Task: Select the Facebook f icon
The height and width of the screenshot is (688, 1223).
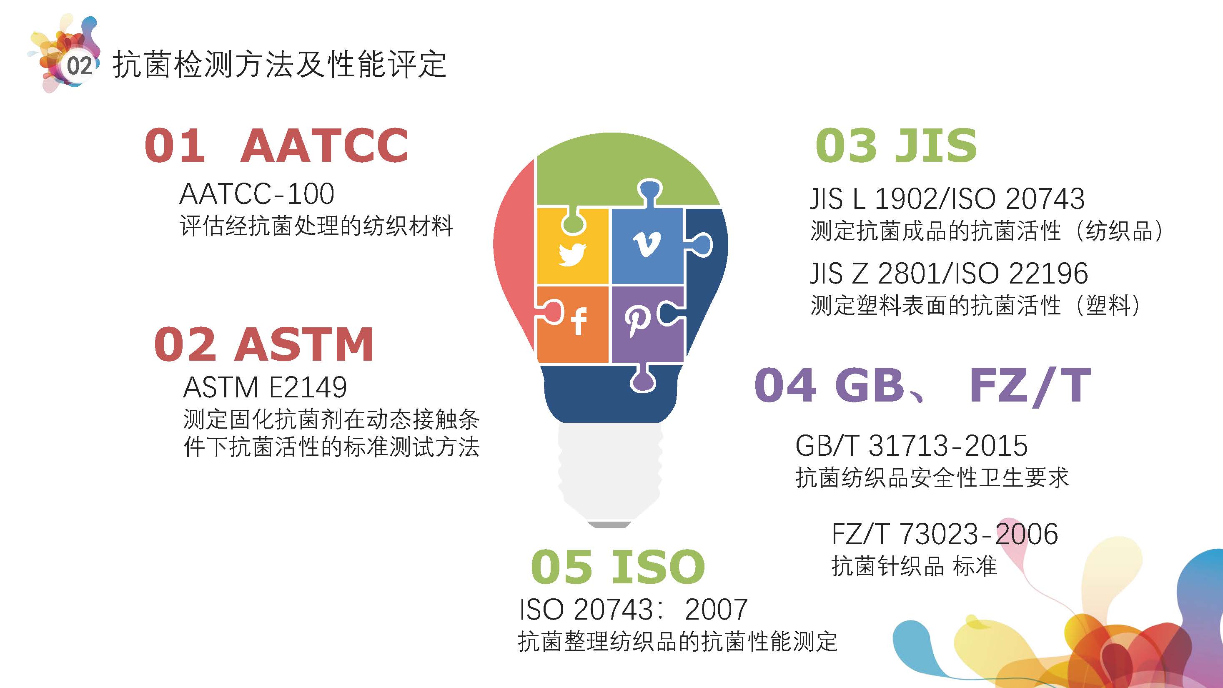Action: (579, 321)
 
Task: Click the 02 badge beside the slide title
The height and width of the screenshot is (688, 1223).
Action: (79, 66)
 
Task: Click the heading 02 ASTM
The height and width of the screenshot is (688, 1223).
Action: (264, 344)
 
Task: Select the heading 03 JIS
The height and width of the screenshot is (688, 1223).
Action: (896, 145)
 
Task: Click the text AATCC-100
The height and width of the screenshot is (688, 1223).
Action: (257, 194)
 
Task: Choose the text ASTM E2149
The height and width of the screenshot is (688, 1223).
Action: (265, 387)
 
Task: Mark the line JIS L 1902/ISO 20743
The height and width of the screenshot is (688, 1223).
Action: (947, 198)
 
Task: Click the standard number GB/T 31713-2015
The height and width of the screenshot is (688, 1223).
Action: (912, 445)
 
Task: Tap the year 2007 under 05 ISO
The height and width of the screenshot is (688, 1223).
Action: (717, 609)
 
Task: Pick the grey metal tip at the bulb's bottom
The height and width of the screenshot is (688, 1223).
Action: (609, 524)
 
